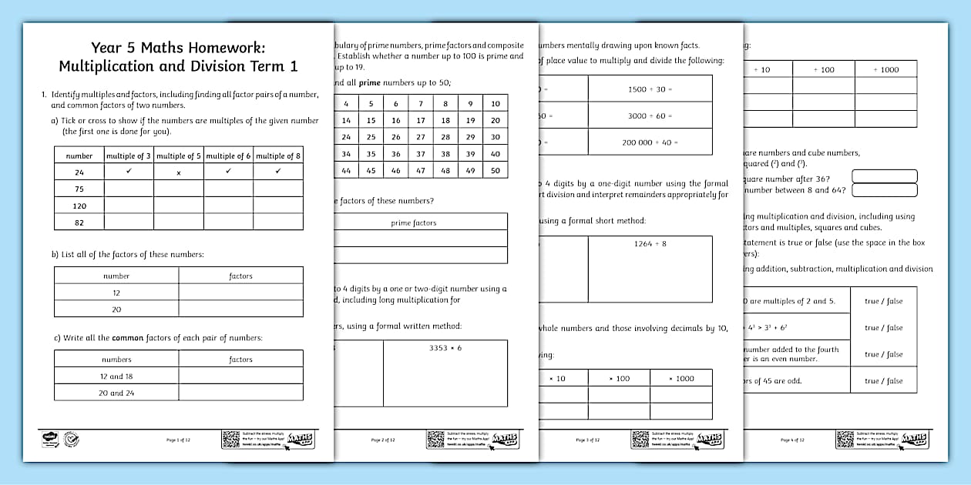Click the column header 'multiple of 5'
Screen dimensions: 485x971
coord(179,156)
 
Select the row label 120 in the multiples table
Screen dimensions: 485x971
coord(79,206)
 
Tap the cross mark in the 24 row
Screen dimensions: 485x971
coord(179,173)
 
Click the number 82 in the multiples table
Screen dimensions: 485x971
coord(79,223)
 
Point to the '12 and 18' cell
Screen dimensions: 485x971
coord(116,376)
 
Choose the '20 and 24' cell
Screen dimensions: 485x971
coord(116,393)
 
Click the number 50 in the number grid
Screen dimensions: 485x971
coord(496,171)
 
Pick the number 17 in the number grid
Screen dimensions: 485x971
coord(421,121)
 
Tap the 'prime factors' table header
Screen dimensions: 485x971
coord(414,223)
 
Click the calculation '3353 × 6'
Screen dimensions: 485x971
coord(445,348)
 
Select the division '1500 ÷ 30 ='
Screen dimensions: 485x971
coord(650,89)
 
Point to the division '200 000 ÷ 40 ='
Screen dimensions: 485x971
coord(650,142)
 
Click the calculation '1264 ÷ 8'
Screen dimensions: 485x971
coord(650,243)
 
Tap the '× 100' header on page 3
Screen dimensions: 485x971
coord(619,379)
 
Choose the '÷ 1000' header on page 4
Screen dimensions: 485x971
coord(885,70)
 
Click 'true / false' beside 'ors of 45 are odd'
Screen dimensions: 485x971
coord(883,381)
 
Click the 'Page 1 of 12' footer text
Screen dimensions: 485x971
coord(178,440)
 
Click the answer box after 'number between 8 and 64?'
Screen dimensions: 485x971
coord(884,190)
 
